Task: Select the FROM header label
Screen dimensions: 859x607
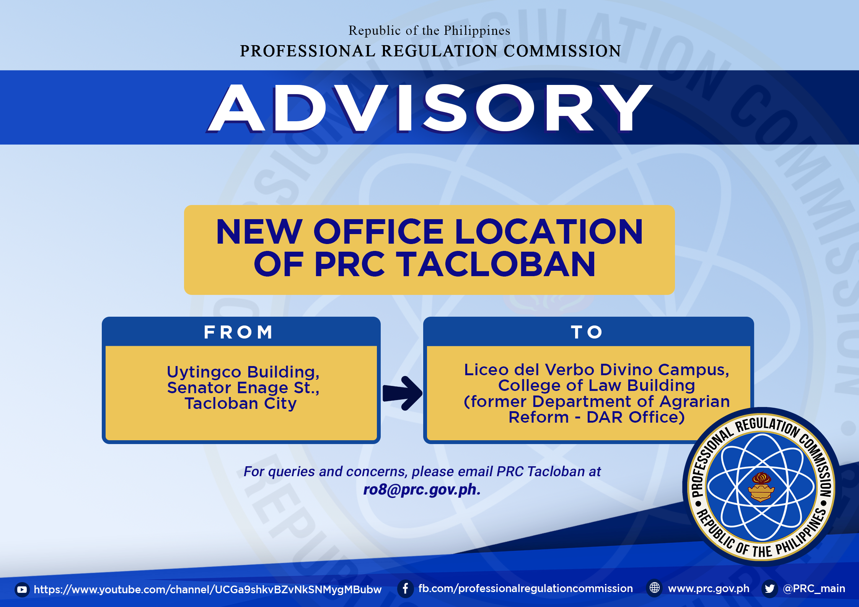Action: click(238, 332)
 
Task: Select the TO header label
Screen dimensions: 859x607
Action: click(587, 332)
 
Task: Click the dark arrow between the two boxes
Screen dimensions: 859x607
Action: click(403, 393)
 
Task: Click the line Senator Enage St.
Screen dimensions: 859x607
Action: click(243, 387)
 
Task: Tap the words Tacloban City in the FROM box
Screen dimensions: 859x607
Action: click(241, 404)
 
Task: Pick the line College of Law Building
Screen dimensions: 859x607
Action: click(596, 386)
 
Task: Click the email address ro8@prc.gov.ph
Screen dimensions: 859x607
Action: click(422, 490)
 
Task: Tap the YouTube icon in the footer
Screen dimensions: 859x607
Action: click(22, 589)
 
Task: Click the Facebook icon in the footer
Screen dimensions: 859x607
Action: click(406, 588)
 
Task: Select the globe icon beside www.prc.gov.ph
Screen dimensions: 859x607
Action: click(655, 588)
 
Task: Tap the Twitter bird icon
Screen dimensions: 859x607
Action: click(769, 588)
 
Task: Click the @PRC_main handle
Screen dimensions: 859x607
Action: click(814, 589)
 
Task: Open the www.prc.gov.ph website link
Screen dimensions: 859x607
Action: click(709, 589)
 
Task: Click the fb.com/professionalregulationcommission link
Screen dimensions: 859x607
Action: click(525, 589)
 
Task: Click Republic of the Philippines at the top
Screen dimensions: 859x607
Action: click(429, 31)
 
